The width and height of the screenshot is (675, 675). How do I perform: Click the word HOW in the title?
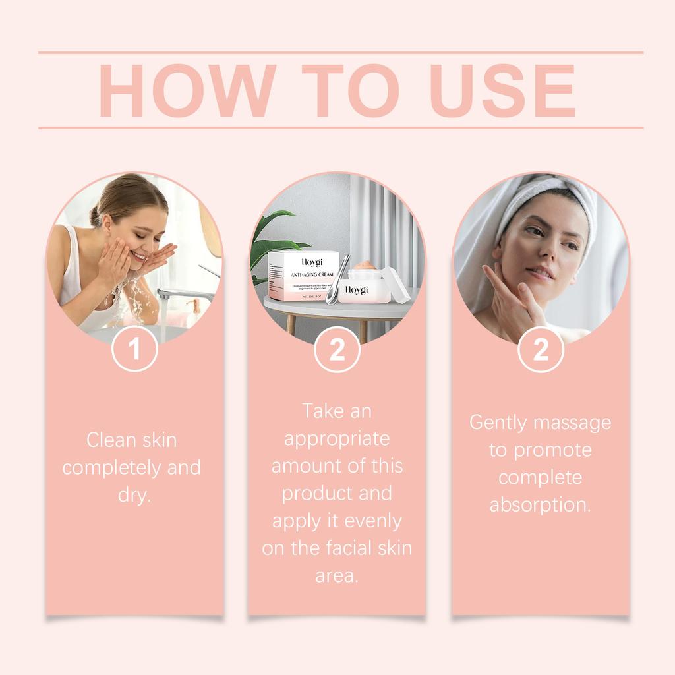pos(187,91)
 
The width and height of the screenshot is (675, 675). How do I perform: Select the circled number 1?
pos(134,349)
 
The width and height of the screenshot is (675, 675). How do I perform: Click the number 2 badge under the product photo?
pos(337,349)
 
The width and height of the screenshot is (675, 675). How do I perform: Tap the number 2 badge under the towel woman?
pos(541,349)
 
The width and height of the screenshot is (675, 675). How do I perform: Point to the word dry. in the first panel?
pos(134,495)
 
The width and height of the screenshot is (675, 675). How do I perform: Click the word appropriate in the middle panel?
pos(337,438)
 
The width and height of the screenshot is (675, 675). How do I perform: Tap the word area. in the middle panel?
pos(337,575)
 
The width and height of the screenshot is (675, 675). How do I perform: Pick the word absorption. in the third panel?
pos(540,505)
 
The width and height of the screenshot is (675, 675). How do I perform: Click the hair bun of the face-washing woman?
pos(96,215)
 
